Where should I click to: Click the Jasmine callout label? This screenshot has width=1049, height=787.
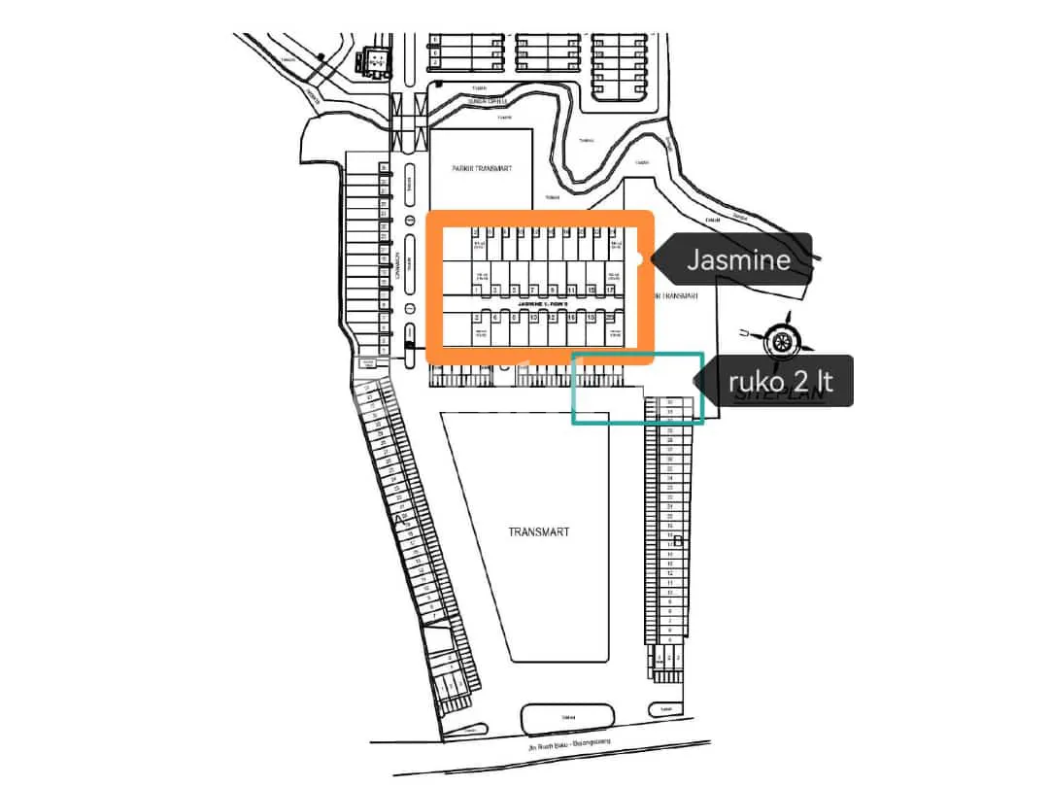click(x=738, y=259)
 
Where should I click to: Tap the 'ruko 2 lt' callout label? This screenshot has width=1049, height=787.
click(x=780, y=381)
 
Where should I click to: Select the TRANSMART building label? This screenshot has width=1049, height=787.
click(x=538, y=531)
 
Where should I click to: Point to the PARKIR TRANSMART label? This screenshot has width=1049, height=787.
click(x=482, y=168)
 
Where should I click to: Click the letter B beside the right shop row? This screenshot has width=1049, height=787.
click(x=678, y=540)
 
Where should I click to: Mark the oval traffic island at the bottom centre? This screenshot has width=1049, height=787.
click(x=568, y=720)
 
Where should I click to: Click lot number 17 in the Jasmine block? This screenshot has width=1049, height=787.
click(x=610, y=290)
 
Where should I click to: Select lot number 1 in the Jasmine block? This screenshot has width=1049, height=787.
click(x=477, y=290)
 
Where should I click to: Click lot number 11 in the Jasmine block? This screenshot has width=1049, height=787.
click(x=571, y=290)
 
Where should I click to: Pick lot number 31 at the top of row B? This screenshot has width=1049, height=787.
click(x=670, y=401)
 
